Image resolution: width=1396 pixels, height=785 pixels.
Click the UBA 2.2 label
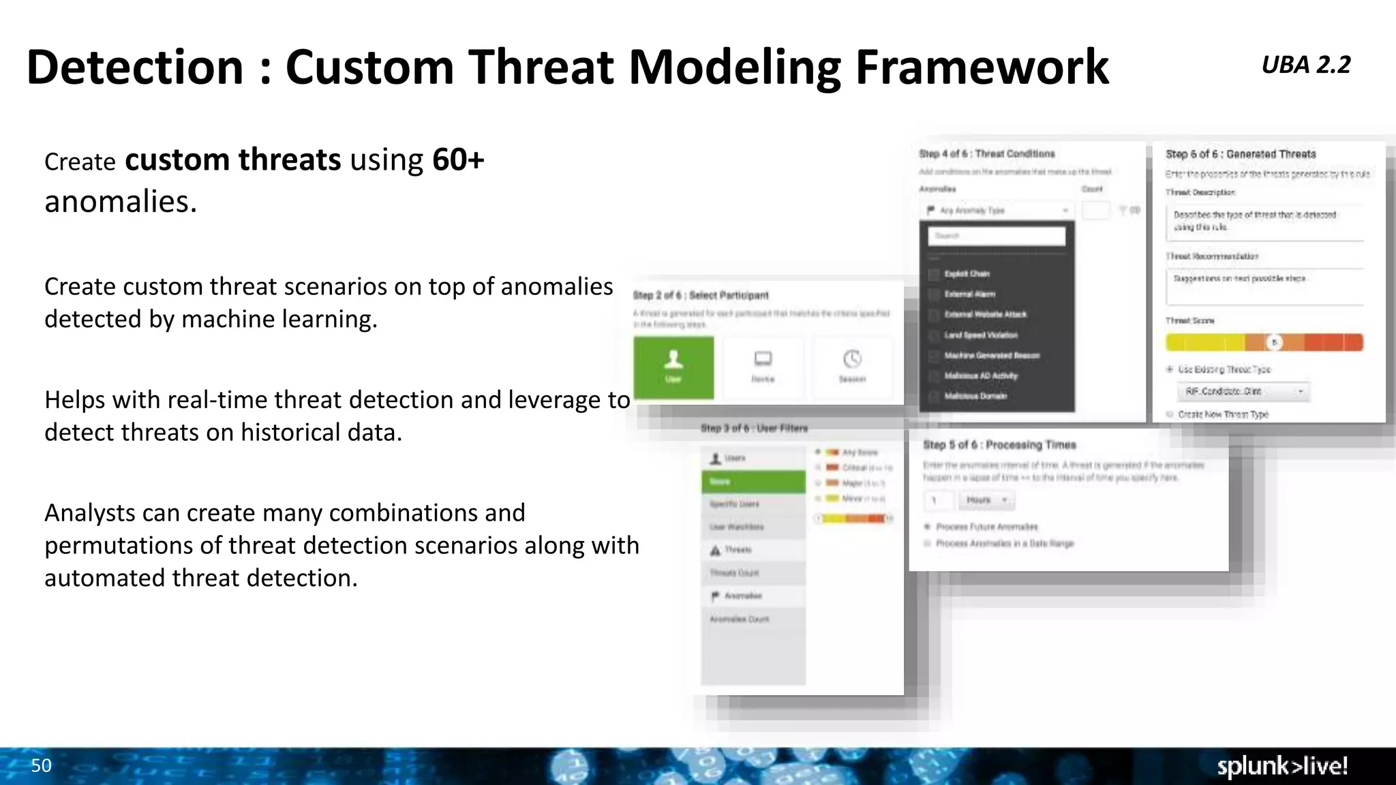(1305, 65)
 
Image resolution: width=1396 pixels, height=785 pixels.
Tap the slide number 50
(41, 765)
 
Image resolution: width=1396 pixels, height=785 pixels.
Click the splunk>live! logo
(1282, 766)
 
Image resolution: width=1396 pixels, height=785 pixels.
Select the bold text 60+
(458, 160)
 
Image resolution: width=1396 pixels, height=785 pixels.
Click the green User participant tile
(673, 367)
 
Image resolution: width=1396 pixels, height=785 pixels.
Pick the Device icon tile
(763, 367)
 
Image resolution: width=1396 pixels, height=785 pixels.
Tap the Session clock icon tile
(852, 367)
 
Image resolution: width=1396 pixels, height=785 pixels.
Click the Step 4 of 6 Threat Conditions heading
(986, 154)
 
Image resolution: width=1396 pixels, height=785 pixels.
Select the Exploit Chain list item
(967, 274)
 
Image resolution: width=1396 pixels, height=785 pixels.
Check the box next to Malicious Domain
(934, 397)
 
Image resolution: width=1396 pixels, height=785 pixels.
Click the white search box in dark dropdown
(997, 236)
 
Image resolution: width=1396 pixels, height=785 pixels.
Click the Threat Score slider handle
(1274, 342)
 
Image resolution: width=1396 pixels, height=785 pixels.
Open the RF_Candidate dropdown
(1243, 392)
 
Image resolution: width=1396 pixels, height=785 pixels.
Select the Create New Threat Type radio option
(1170, 414)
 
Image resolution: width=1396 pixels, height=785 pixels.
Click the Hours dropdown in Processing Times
(986, 500)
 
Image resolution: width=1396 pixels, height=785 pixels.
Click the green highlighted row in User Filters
(753, 482)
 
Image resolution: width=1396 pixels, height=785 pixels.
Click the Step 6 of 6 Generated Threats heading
(1241, 155)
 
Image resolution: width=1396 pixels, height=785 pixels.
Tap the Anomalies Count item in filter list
(739, 619)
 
